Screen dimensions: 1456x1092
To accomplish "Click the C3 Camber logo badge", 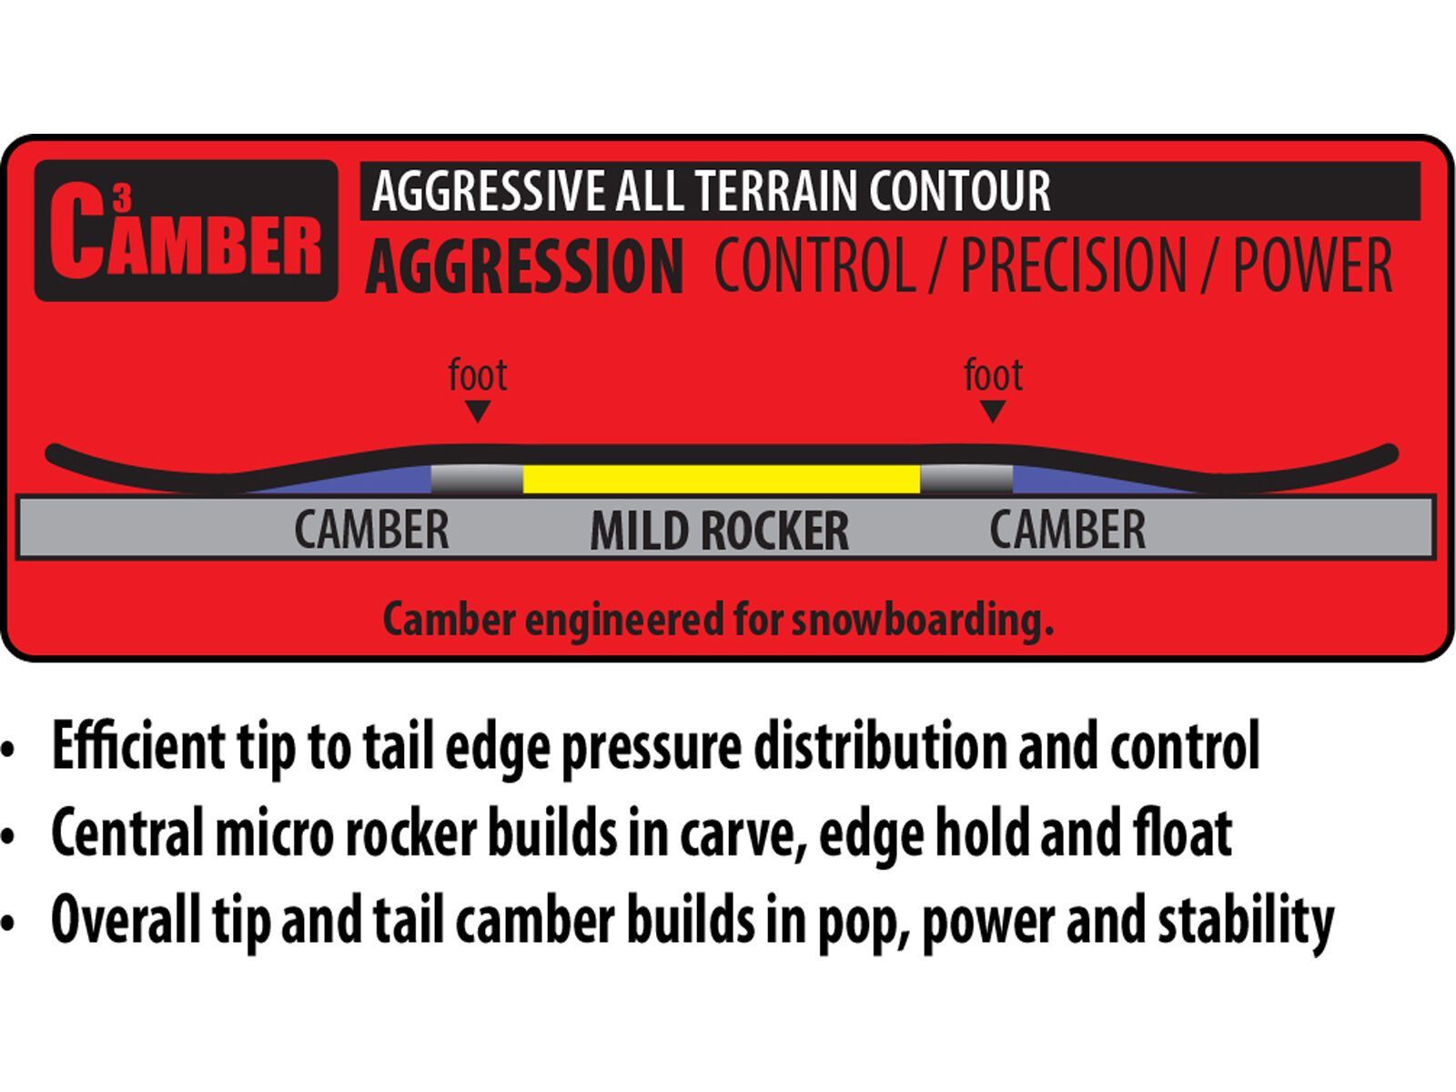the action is point(187,230).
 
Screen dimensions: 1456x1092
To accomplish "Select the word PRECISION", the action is point(1073,265).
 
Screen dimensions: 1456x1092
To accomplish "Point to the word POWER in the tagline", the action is point(1312,265).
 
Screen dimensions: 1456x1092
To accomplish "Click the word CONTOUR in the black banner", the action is point(960,191).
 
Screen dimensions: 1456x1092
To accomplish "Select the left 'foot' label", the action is point(478,375).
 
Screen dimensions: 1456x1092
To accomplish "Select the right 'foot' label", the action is point(993,375).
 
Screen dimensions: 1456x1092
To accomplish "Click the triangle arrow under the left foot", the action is point(478,410).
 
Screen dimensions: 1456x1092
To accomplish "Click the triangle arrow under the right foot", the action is point(993,410).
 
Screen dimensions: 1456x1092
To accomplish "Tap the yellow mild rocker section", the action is point(722,479).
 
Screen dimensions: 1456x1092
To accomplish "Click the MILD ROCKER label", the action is point(720,531).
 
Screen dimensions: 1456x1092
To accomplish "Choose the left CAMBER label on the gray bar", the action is point(371,529).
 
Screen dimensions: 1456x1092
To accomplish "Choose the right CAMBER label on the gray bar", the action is point(1067,529).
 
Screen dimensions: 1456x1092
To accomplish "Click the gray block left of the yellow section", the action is point(477,479).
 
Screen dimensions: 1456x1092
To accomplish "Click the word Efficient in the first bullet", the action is point(138,745).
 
